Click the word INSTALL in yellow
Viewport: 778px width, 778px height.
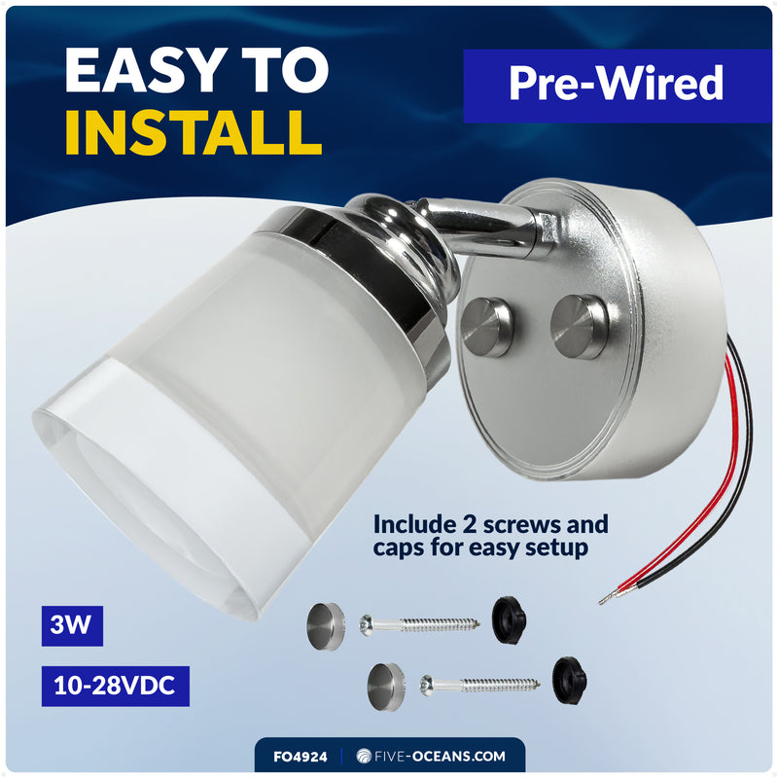[194, 132]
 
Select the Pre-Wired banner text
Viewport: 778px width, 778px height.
[616, 84]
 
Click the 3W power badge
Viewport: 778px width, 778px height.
[72, 625]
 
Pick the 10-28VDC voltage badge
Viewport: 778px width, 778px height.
[115, 686]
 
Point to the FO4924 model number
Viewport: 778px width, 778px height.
[301, 757]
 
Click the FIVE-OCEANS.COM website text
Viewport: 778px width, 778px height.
[440, 757]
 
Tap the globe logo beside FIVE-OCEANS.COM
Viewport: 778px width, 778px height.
[364, 757]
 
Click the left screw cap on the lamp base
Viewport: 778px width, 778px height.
[485, 327]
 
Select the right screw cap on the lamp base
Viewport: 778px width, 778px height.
[579, 327]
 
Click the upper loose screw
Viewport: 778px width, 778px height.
[419, 624]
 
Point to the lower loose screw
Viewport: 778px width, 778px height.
[479, 685]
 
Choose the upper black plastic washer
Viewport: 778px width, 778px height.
[509, 619]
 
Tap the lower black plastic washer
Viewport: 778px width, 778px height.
[570, 680]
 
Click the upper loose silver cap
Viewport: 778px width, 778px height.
[326, 626]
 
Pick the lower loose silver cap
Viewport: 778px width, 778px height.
[386, 687]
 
